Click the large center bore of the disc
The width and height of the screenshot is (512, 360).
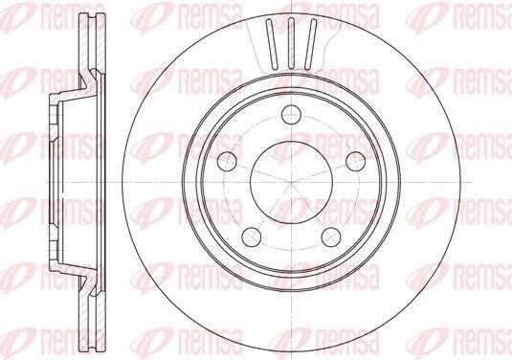coord(289,179)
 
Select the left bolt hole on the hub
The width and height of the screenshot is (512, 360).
coord(227,160)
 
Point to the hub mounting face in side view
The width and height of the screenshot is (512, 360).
coord(49,179)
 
